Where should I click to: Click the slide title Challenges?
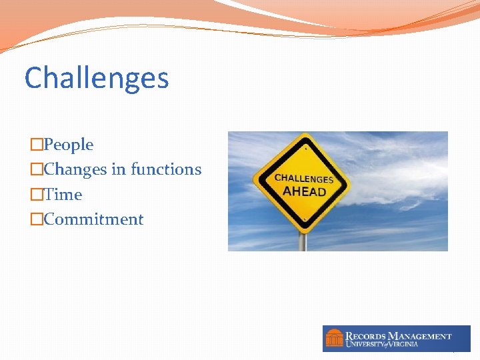click(97, 79)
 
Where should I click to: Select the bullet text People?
click(68, 145)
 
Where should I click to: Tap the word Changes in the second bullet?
click(75, 169)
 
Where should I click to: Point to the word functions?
click(166, 169)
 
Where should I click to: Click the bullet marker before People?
click(37, 145)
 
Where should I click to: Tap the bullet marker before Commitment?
click(37, 219)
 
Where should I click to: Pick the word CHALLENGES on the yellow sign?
click(304, 179)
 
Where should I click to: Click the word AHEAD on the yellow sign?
click(304, 191)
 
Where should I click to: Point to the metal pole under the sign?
click(303, 242)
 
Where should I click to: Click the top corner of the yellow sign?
click(304, 136)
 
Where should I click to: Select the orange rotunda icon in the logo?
click(334, 338)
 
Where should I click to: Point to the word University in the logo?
click(366, 344)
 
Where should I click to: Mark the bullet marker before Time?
click(37, 195)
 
